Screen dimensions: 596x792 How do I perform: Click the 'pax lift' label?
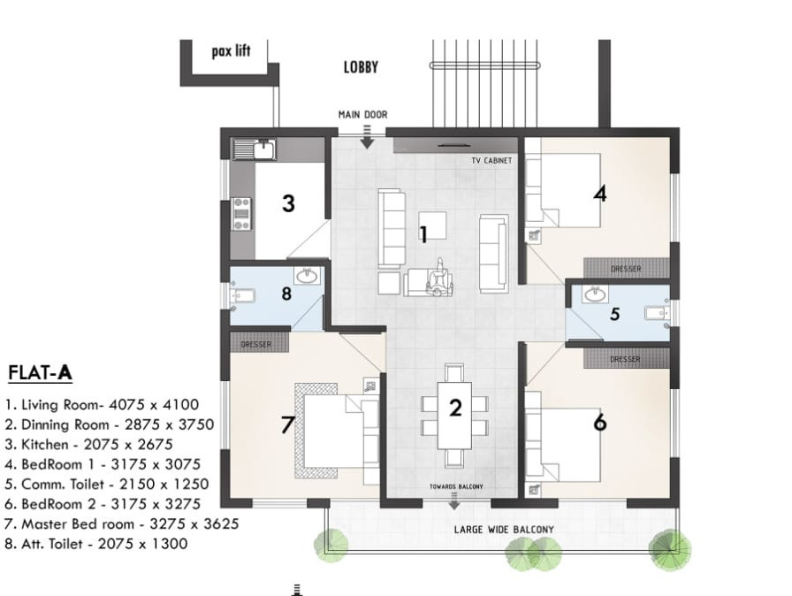click(x=231, y=51)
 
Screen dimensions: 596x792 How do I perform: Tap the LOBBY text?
click(x=361, y=67)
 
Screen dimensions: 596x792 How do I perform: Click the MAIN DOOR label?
click(x=362, y=115)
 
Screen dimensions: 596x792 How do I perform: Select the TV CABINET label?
click(x=491, y=161)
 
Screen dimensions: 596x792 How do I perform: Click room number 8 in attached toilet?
click(x=286, y=294)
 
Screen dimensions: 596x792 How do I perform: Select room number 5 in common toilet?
click(x=615, y=313)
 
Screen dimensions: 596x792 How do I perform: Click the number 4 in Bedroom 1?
click(x=600, y=192)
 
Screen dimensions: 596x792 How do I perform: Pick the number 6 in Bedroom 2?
click(x=600, y=424)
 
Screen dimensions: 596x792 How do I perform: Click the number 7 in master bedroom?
click(x=286, y=425)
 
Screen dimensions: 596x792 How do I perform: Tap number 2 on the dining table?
click(x=455, y=408)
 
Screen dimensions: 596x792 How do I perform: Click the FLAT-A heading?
click(x=40, y=373)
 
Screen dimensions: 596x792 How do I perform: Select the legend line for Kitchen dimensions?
click(x=88, y=445)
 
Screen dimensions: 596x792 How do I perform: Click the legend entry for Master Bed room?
click(x=121, y=524)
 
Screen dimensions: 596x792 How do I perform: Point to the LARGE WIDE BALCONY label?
click(x=504, y=531)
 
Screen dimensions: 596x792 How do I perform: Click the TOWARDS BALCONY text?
click(x=454, y=487)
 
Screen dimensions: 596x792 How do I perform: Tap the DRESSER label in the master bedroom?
click(x=256, y=344)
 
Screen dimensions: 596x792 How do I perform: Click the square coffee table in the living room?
click(x=432, y=225)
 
